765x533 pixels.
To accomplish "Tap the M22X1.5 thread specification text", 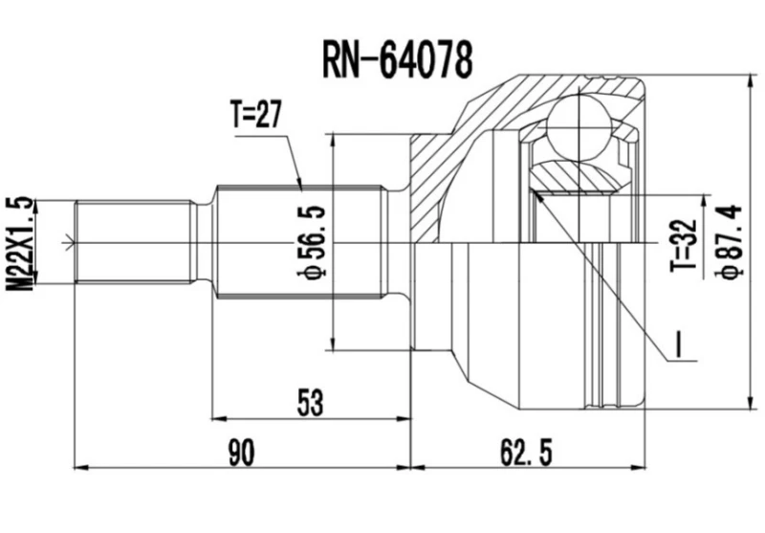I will [x=23, y=245].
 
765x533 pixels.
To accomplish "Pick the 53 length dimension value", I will [x=308, y=401].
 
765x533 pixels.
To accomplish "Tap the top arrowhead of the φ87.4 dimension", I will [x=747, y=78].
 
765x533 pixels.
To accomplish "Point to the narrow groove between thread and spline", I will [x=202, y=241].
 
